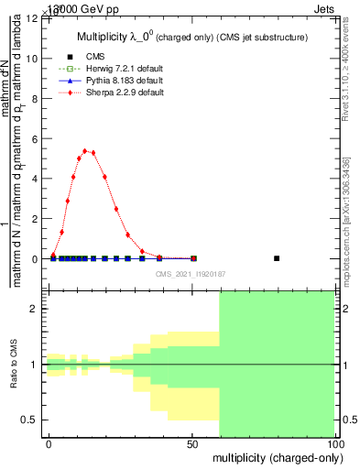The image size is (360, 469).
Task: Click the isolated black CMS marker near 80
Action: pos(277,258)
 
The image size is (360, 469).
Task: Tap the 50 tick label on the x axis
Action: pos(192,443)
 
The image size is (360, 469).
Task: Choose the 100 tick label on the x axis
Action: pos(334,443)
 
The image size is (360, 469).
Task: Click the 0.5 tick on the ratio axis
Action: pos(30,420)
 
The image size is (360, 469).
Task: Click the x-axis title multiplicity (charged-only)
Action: pos(273,457)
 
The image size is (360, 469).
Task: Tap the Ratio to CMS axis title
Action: pos(15,365)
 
